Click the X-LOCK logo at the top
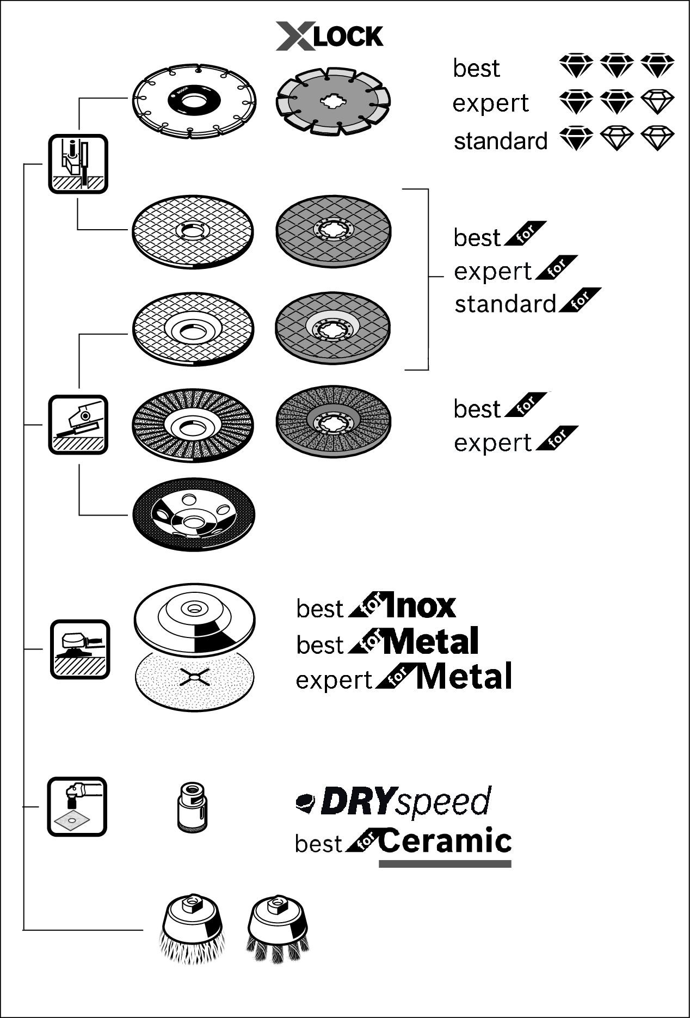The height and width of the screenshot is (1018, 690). tap(329, 36)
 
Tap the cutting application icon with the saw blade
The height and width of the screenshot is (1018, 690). tap(78, 164)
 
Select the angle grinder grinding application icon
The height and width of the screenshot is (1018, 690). tap(78, 425)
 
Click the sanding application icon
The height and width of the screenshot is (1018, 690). tap(80, 649)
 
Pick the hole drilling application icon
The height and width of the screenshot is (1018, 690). tap(77, 806)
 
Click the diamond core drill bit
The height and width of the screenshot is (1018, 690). tap(192, 807)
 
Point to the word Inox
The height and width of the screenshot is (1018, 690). tap(420, 606)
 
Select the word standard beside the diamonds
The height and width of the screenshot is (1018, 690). tap(501, 141)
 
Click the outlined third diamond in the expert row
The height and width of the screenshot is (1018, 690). tap(657, 102)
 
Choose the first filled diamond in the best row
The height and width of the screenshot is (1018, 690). tap(576, 65)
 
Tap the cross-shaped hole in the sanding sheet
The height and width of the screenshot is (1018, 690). tap(194, 677)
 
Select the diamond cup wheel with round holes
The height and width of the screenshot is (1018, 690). tap(194, 514)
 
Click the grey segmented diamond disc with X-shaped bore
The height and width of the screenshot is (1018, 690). tap(333, 101)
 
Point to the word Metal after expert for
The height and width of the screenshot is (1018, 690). tap(464, 677)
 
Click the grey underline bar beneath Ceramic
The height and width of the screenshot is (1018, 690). tap(445, 863)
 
